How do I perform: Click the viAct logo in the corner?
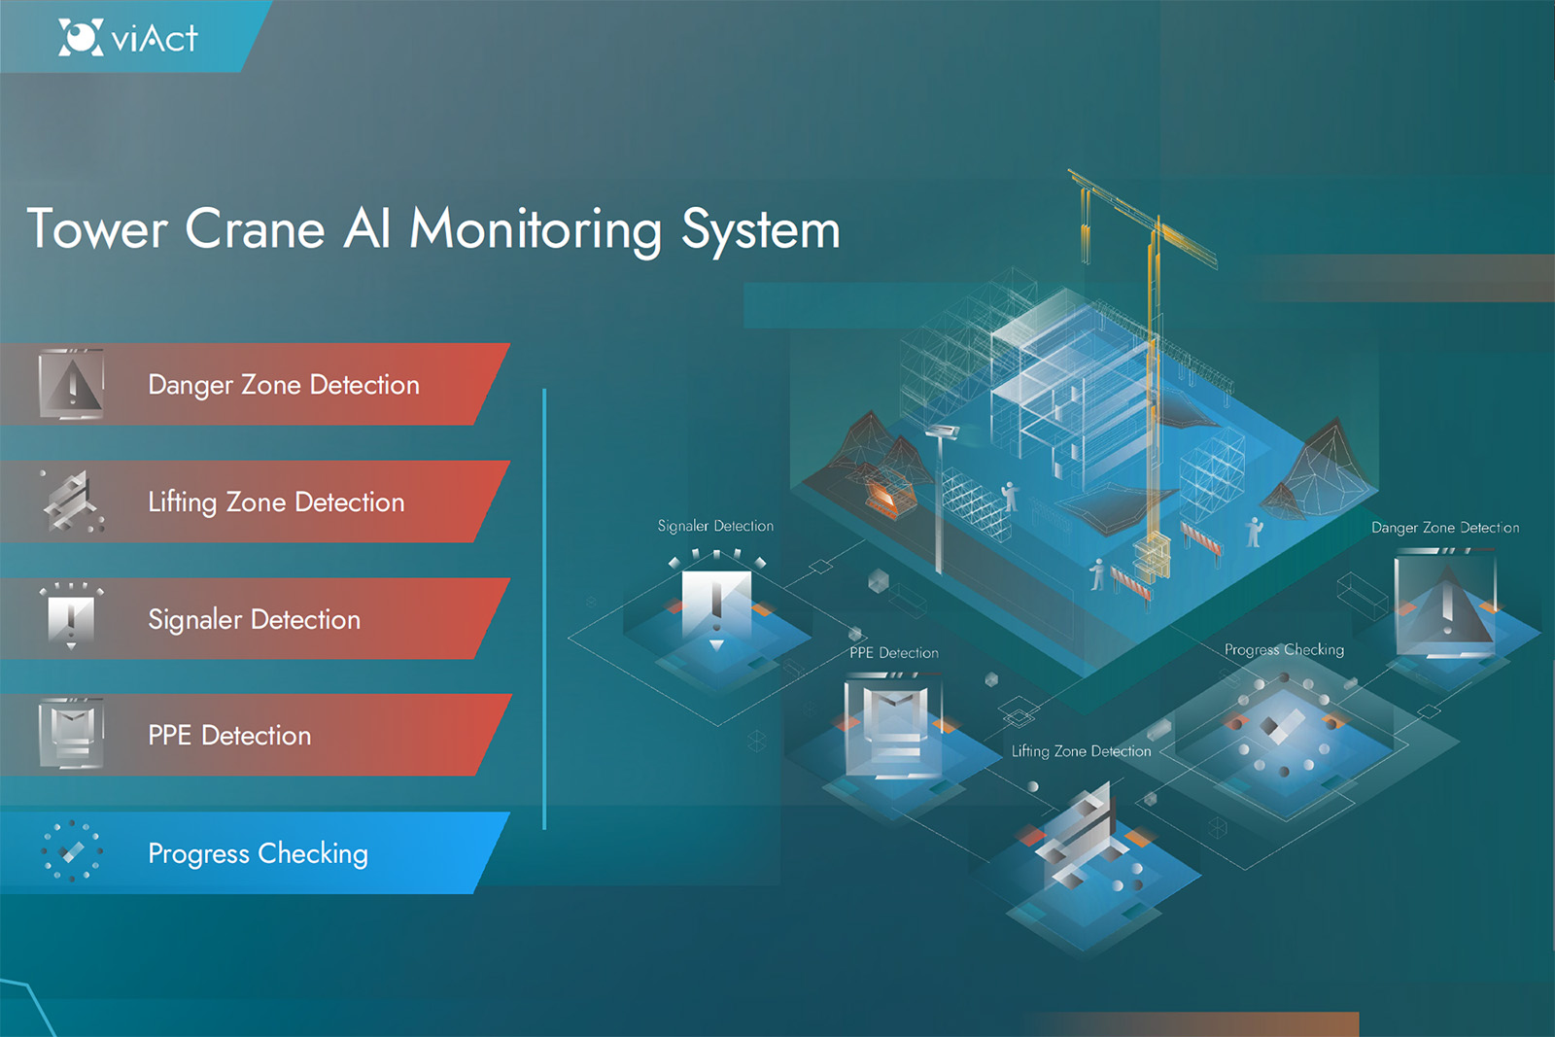(127, 38)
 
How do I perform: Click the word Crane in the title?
(255, 229)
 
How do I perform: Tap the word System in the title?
(760, 231)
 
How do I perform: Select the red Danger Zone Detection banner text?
(284, 385)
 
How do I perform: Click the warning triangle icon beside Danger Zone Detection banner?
(72, 385)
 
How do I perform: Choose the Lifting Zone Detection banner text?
(276, 501)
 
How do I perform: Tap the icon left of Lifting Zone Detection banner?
(72, 501)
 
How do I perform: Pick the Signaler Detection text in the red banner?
(254, 619)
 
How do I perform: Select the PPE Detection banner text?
(229, 736)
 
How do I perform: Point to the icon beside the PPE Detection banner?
(71, 734)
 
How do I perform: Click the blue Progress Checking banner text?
(258, 853)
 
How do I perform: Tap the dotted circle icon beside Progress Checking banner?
(71, 851)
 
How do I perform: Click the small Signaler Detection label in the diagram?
(715, 526)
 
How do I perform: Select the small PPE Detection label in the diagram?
(894, 653)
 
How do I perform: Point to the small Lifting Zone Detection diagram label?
(1081, 751)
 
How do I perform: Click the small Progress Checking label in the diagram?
(1284, 649)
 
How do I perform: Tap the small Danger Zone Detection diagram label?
(1445, 528)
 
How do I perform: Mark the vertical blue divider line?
(544, 608)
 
